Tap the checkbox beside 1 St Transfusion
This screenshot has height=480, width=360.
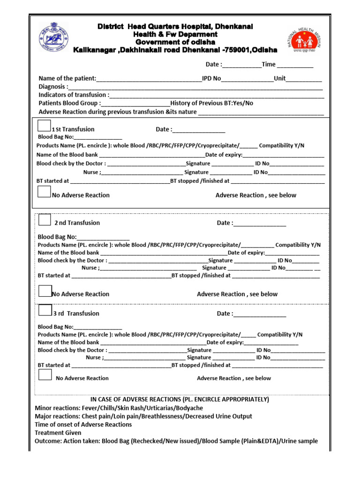[x=44, y=126]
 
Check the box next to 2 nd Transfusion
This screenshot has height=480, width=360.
[x=45, y=219]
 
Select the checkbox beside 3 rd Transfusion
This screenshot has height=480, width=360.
[x=45, y=310]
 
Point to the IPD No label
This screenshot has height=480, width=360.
[x=211, y=78]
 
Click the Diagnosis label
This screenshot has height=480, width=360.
[x=53, y=87]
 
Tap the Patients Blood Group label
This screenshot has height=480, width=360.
[x=69, y=103]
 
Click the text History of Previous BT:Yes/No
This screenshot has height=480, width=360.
[x=212, y=103]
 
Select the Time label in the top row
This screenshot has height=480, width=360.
[x=269, y=64]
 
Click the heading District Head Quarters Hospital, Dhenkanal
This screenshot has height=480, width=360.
[x=175, y=27]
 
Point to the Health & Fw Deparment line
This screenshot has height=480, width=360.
[x=175, y=35]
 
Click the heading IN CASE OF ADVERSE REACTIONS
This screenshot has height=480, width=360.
[x=180, y=399]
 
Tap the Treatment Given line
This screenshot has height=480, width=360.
[x=58, y=433]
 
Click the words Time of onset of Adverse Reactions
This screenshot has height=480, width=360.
[x=83, y=424]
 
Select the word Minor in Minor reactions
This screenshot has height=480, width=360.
[x=44, y=408]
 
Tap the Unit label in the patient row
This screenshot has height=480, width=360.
[x=280, y=78]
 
